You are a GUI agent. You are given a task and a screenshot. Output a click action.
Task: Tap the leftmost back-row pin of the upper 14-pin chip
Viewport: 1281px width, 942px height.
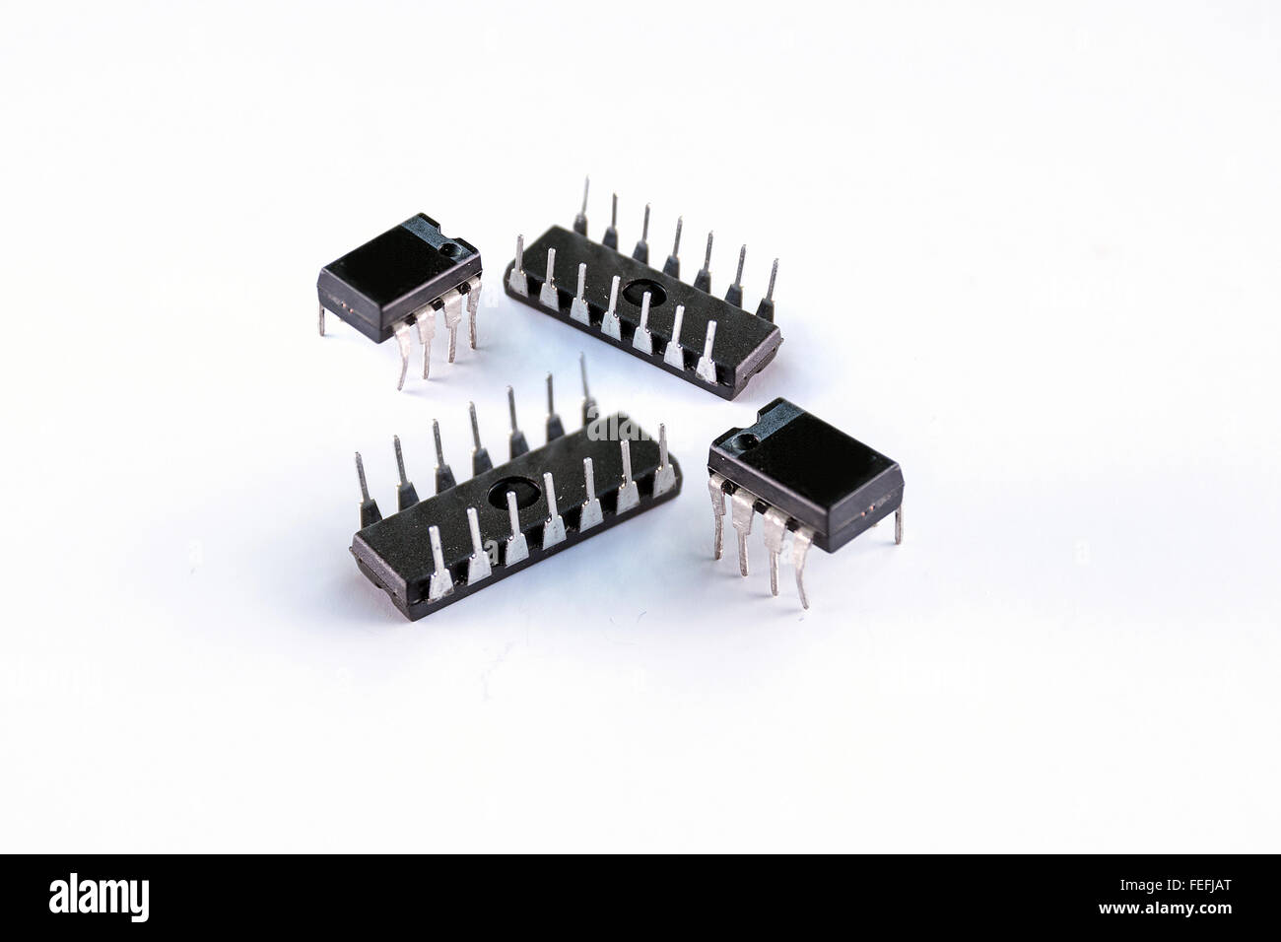click(x=584, y=202)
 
